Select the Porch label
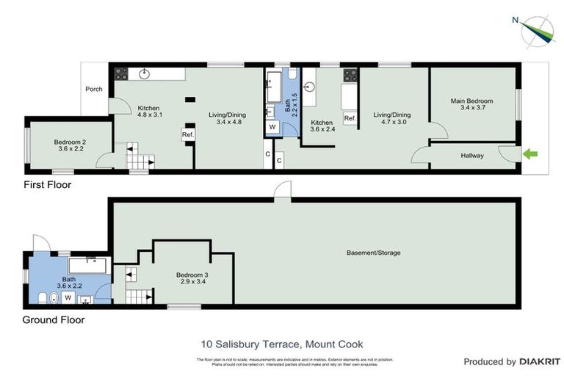94,90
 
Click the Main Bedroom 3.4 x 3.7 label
471,104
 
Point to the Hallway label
472,156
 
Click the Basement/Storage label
374,253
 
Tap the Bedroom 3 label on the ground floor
191,278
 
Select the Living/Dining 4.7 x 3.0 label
391,118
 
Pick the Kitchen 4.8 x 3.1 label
149,112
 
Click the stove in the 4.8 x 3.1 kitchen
120,73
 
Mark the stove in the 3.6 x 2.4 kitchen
350,74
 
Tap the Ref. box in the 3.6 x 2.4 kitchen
350,118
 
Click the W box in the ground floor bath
68,297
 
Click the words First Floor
47,185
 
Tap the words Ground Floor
53,319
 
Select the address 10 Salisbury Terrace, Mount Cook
282,344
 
